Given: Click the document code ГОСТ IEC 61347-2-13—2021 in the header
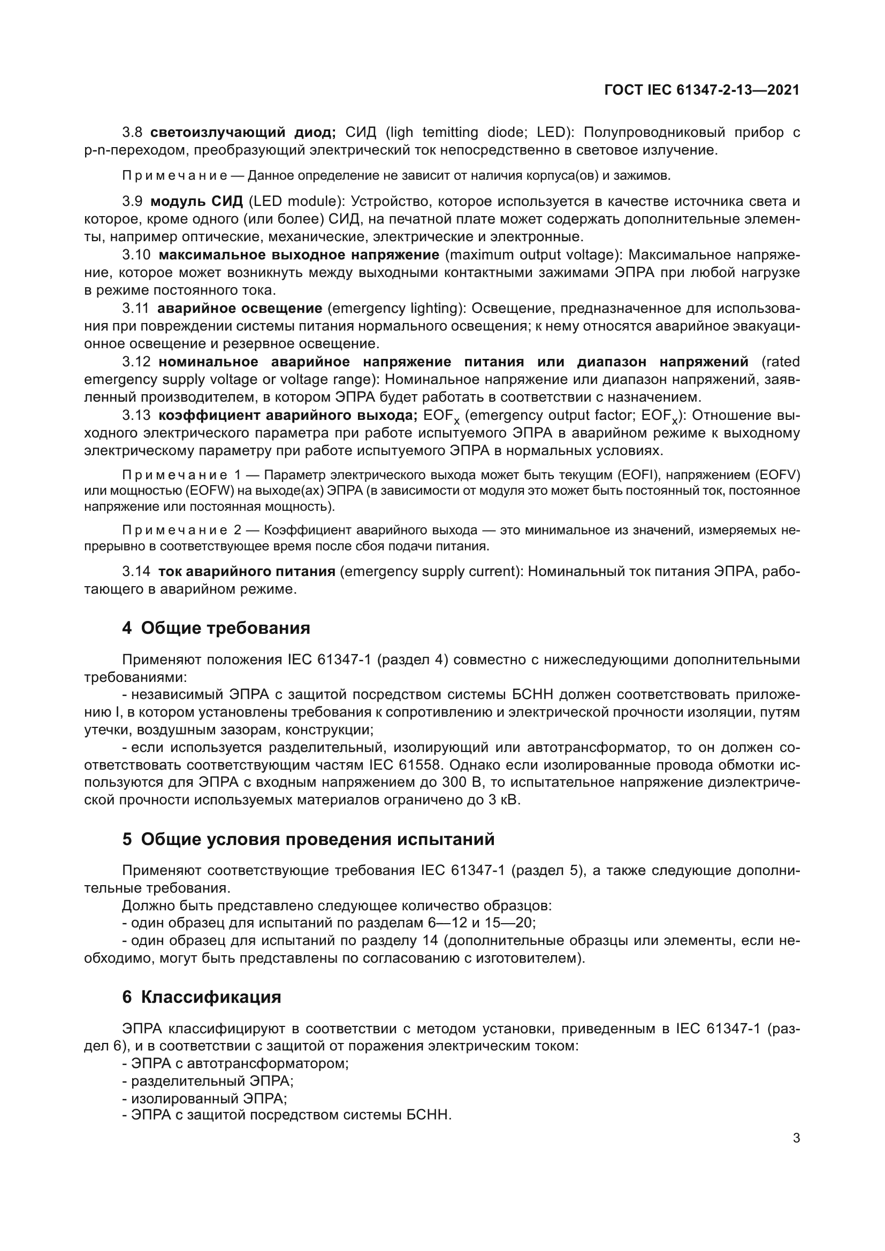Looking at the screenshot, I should pyautogui.click(x=702, y=90).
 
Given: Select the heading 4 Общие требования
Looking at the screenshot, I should pyautogui.click(x=216, y=628).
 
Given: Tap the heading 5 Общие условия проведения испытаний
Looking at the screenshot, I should pyautogui.click(x=308, y=840).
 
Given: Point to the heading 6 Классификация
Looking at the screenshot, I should pyautogui.click(x=202, y=997).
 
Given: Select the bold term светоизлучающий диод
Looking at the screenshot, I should pyautogui.click(x=243, y=133).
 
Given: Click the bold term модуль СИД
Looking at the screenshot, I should pyautogui.click(x=197, y=202).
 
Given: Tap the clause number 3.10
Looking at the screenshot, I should pyautogui.click(x=136, y=255).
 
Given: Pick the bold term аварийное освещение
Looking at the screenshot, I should pyautogui.click(x=240, y=309).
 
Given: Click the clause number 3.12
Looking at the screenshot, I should pyautogui.click(x=136, y=362).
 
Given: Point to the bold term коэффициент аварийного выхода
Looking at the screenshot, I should pyautogui.click(x=288, y=416).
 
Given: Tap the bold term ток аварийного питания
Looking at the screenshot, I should pyautogui.click(x=246, y=572).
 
